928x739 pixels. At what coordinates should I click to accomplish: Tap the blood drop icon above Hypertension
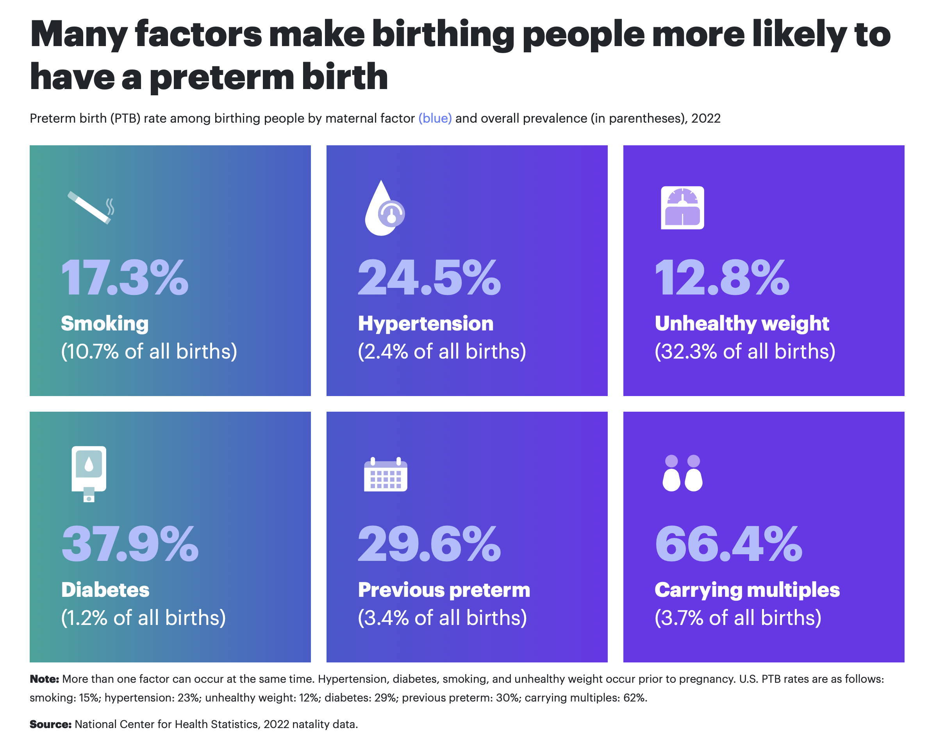pos(384,208)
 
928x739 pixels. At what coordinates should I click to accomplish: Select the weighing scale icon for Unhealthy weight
pos(682,208)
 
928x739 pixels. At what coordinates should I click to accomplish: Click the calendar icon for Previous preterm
pos(385,474)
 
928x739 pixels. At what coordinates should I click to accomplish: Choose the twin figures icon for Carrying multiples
pos(682,473)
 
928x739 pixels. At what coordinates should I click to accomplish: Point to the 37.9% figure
pos(130,544)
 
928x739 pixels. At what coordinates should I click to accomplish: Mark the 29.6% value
pos(429,544)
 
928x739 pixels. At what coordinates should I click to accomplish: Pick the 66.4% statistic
pos(728,544)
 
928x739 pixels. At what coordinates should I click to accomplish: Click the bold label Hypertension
pos(426,324)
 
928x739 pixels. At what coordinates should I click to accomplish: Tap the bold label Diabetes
pos(105,590)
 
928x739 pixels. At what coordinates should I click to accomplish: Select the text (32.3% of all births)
pos(745,351)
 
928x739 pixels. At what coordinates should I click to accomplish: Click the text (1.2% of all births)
pos(143,618)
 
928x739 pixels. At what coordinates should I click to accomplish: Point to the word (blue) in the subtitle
pos(435,118)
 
